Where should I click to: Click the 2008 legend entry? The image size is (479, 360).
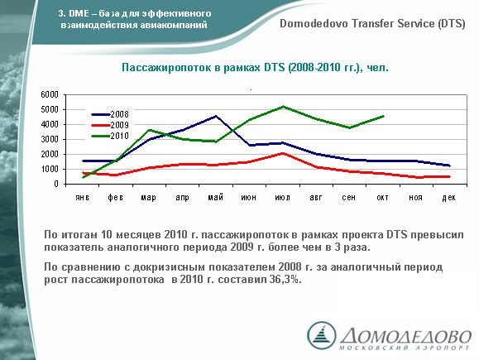110,114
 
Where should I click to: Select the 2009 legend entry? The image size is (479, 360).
110,125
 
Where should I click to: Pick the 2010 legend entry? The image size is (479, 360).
110,136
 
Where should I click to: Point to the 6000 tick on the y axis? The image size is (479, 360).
50,94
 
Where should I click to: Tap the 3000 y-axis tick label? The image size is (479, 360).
50,139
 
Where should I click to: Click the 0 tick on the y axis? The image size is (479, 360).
56,184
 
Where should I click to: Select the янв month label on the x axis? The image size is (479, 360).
83,198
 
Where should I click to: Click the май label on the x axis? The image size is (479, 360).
216,198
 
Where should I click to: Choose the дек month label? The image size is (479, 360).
448,198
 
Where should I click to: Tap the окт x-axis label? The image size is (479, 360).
382,198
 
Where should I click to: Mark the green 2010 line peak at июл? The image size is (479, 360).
284,107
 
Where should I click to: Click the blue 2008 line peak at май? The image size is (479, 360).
216,116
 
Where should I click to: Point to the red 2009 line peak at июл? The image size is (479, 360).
283,153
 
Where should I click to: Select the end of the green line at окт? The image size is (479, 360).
383,116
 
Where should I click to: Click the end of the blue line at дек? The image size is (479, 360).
450,166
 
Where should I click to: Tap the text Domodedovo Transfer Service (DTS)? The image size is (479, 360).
372,23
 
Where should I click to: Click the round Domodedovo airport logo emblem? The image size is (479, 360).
321,335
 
